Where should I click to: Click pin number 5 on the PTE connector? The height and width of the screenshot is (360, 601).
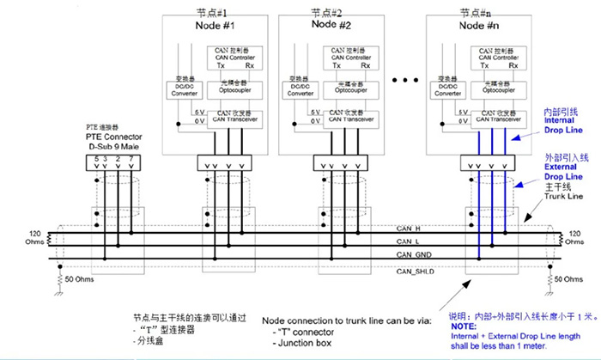coord(96,158)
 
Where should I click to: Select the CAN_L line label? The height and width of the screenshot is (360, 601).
coord(408,243)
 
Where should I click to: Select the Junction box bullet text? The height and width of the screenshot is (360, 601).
coord(300,344)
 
